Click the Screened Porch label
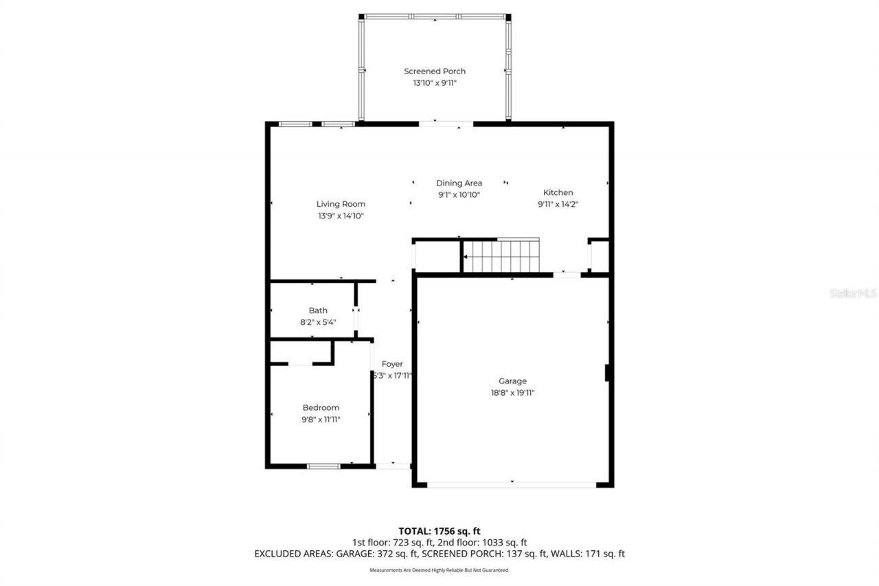pos(434,71)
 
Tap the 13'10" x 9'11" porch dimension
pos(434,83)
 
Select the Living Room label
pos(341,204)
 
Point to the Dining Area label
pos(459,183)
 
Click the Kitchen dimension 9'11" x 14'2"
pos(558,204)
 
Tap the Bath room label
pos(318,311)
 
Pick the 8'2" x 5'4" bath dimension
pos(318,322)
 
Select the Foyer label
pos(392,364)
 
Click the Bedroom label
pos(321,408)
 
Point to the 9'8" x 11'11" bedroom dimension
pos(321,419)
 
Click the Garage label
pos(512,381)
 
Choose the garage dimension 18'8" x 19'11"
pos(512,393)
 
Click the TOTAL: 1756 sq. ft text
pos(439,531)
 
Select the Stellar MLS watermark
pos(853,293)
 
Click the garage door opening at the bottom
pos(512,485)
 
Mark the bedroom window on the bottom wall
pos(323,466)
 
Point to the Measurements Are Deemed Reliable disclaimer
pos(439,570)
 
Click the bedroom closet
pos(301,352)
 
